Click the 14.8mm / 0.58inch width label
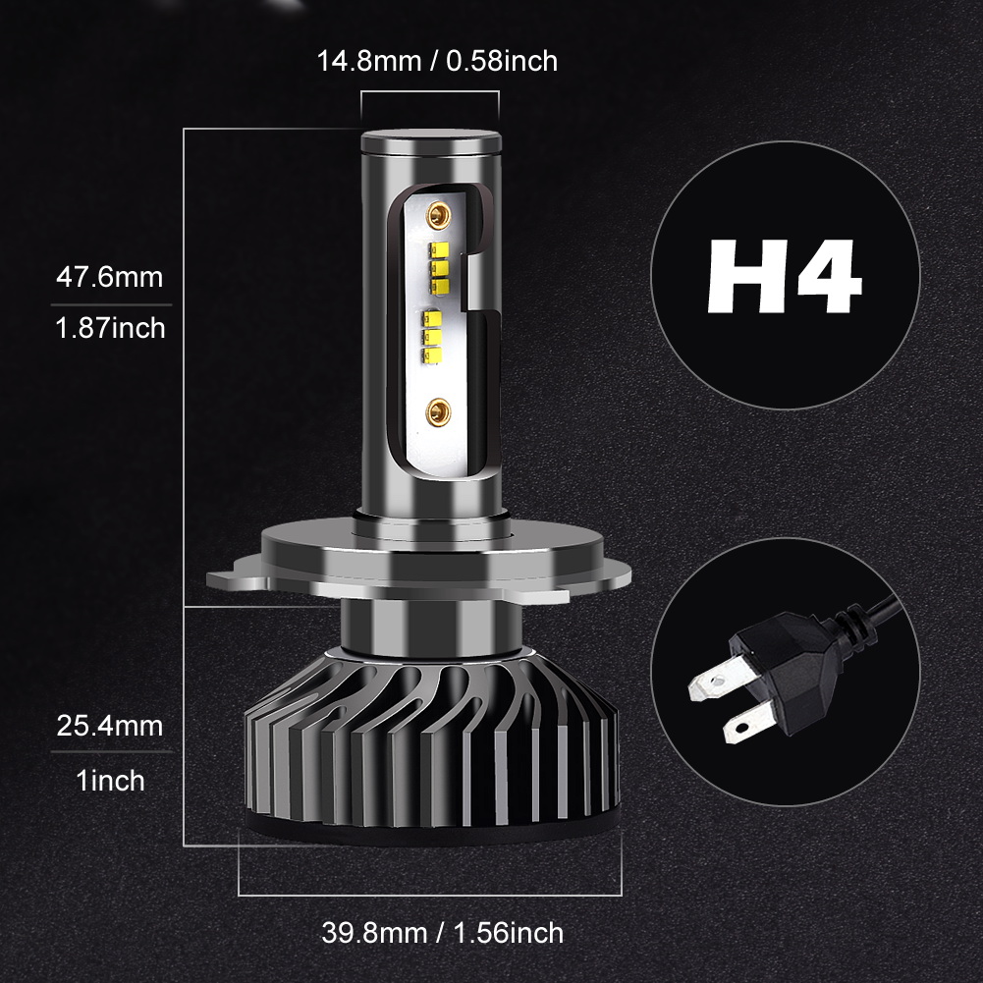coord(436,61)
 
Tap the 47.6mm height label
coord(108,277)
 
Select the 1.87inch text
coord(108,327)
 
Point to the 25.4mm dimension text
coord(108,728)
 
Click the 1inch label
coord(110,781)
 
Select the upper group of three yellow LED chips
coord(438,263)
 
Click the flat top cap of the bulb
coord(430,141)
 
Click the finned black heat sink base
coord(432,746)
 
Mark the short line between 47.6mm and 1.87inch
coord(108,302)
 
